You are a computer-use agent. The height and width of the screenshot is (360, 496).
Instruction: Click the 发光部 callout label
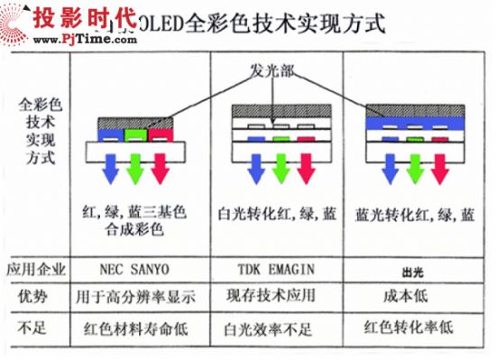pyautogui.click(x=271, y=68)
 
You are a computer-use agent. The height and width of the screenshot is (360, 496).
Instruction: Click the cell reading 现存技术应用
pyautogui.click(x=277, y=296)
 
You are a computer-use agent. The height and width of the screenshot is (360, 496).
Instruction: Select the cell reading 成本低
pyautogui.click(x=414, y=296)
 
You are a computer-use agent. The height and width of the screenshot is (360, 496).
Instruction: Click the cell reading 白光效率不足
pyautogui.click(x=277, y=326)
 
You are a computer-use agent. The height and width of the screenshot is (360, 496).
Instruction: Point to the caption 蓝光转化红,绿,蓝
pyautogui.click(x=415, y=215)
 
